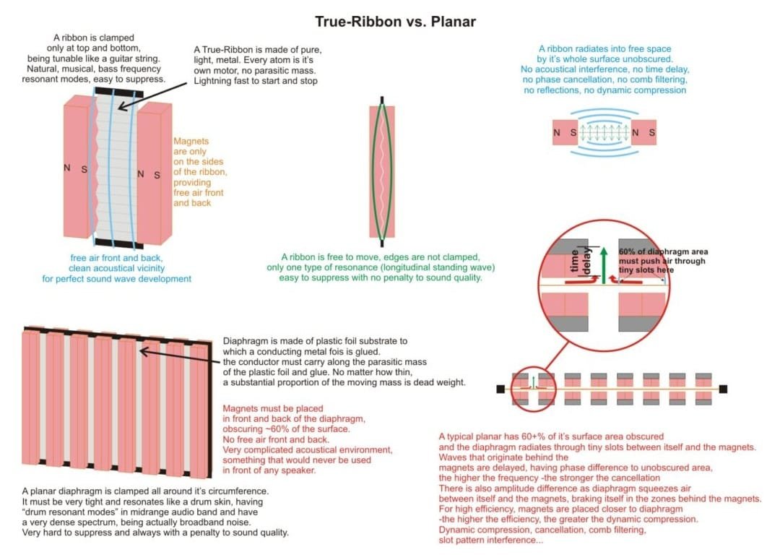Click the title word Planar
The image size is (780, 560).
tap(453, 22)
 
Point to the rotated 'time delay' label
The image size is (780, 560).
tap(581, 262)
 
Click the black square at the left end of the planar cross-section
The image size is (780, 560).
tap(500, 389)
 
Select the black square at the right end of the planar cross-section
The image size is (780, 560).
tap(723, 389)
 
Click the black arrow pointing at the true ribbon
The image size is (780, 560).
tap(152, 96)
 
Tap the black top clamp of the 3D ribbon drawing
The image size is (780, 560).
tap(119, 92)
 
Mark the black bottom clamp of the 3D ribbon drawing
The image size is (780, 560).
tap(119, 244)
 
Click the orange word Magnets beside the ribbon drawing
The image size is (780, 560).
tap(191, 142)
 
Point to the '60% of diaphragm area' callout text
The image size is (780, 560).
tap(663, 252)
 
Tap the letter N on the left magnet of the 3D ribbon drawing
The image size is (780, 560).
tap(67, 168)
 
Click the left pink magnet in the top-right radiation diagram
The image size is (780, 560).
tap(565, 132)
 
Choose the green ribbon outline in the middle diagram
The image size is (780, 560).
tap(382, 171)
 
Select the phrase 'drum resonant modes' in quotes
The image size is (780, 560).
tap(71, 512)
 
